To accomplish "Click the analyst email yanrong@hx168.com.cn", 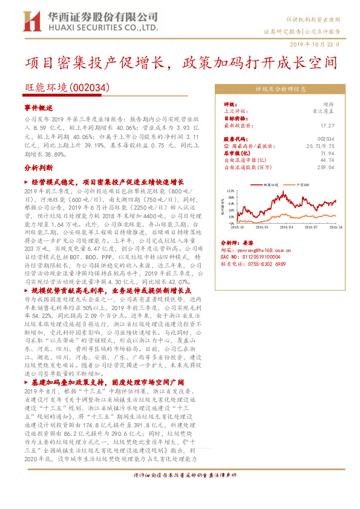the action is (x=265, y=249).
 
